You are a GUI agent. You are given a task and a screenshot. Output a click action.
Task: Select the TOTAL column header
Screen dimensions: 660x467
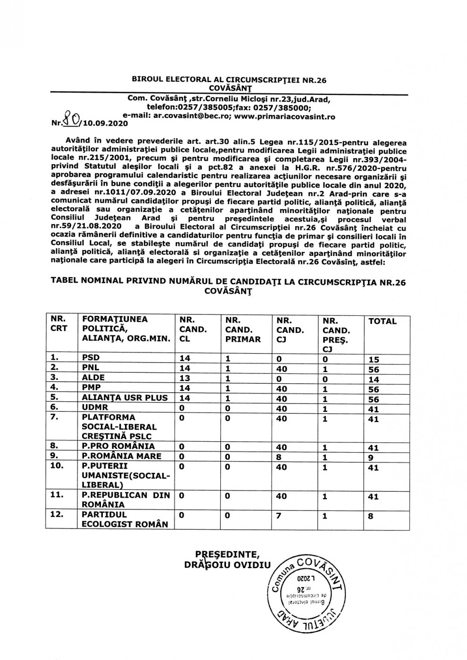(x=382, y=321)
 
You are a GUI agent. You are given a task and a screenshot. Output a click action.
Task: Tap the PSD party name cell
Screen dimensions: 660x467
(x=91, y=357)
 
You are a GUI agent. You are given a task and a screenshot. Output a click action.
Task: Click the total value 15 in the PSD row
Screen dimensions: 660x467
(x=374, y=359)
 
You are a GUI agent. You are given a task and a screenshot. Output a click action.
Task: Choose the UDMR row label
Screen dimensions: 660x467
(x=95, y=407)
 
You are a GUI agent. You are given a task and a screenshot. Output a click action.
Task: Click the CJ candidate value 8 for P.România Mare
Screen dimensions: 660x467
(x=279, y=456)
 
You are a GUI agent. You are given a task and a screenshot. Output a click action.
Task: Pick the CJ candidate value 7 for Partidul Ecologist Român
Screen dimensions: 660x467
(x=279, y=515)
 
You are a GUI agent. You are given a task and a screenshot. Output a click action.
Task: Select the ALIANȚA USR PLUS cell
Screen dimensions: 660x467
(x=125, y=397)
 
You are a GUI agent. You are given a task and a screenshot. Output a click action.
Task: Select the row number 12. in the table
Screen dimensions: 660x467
(x=58, y=514)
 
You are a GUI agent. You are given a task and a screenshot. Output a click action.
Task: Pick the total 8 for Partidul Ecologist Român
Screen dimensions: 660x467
(x=371, y=516)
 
